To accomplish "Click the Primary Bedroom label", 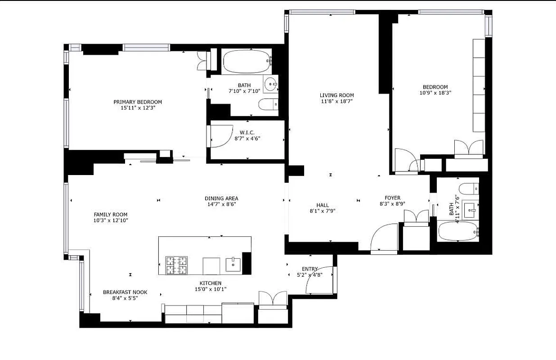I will coord(137,102).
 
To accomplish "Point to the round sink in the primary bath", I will coord(270,83).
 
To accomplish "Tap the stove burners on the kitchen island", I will coord(177,265).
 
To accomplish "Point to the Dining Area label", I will coord(221,198).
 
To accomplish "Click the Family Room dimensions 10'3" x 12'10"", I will coord(110,220).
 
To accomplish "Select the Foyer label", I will coord(392,198).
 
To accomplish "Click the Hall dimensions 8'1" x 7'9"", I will coord(323,211).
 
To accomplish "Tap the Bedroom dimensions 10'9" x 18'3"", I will coord(435,93).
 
